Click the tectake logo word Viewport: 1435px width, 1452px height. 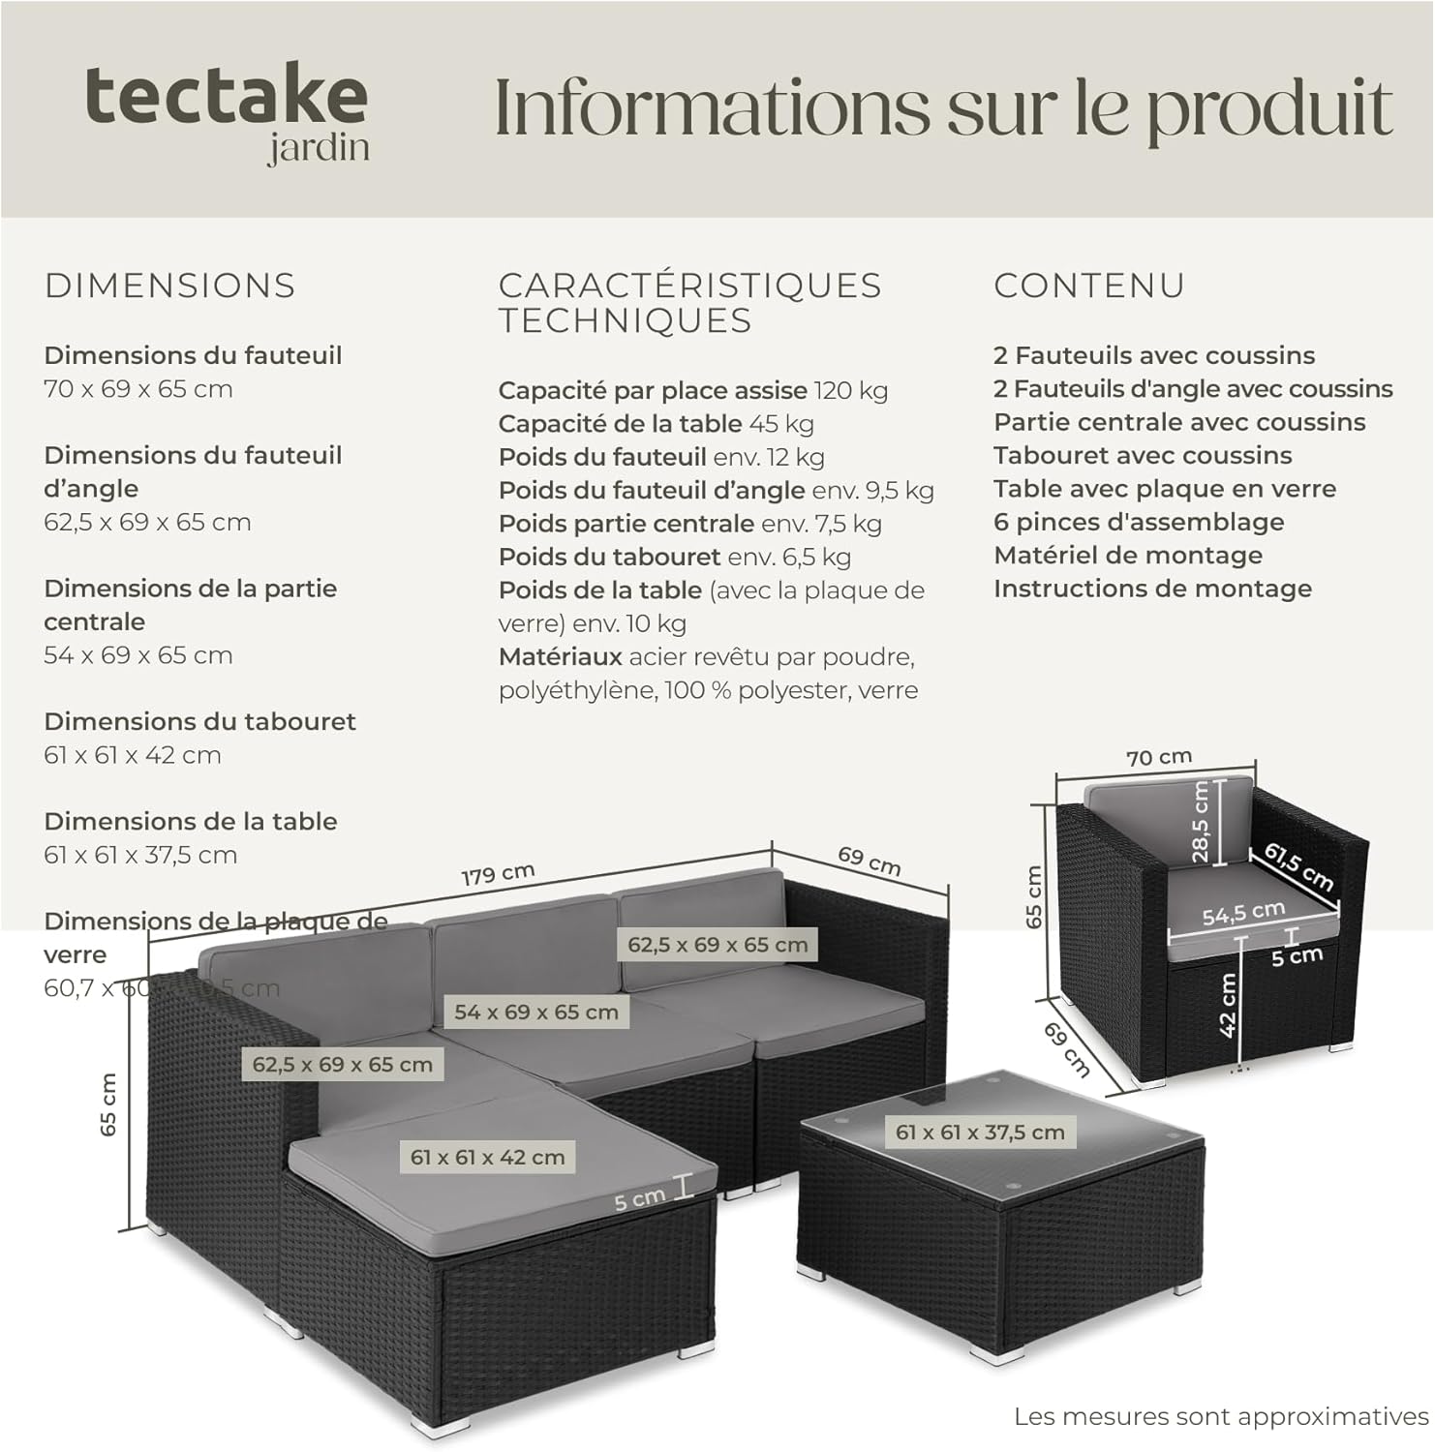227,97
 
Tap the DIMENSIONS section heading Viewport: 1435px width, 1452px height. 170,286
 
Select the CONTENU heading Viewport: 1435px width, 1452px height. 1089,286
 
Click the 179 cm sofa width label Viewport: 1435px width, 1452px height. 498,875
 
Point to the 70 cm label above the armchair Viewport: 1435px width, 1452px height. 1159,757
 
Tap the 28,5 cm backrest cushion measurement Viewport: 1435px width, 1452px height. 1200,822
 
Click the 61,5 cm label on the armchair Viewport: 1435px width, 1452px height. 1298,866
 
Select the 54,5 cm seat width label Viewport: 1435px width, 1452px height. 1243,913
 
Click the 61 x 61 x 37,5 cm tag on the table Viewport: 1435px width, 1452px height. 980,1132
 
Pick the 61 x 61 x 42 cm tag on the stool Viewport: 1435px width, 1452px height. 487,1157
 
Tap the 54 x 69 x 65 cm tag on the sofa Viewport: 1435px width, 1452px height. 536,1013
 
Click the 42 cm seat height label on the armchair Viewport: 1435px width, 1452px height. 1228,1005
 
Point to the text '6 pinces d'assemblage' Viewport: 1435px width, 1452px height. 1139,522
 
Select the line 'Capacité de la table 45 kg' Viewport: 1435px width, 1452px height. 656,424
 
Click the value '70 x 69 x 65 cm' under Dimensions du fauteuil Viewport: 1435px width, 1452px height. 138,389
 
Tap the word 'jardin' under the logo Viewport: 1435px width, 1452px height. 319,148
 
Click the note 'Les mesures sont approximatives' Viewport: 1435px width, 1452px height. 1221,1416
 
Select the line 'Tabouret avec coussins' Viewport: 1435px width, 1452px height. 1143,455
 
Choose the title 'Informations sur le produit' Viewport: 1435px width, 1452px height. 943,108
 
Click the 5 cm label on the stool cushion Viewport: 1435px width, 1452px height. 640,1200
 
